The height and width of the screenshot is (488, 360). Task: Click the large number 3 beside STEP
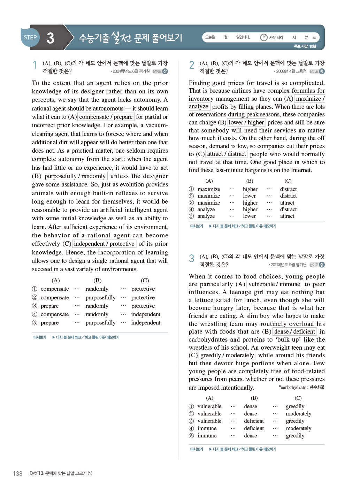50,38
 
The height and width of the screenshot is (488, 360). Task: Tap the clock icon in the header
264,37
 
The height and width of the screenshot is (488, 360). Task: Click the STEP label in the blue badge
30,37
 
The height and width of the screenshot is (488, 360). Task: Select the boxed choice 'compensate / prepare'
106,117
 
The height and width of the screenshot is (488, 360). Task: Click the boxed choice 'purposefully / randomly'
75,176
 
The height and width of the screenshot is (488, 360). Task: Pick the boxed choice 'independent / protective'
104,244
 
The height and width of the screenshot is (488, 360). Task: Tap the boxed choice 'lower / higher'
246,122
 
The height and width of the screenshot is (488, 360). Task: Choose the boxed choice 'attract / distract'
227,154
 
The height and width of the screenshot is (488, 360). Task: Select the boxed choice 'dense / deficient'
294,331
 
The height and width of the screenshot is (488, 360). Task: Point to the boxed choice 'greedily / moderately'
227,355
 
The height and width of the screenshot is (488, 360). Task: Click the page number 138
17,473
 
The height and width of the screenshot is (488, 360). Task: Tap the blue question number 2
192,65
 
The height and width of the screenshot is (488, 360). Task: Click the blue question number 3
192,258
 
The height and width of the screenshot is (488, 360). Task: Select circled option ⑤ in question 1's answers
35,323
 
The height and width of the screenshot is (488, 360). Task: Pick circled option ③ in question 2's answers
191,203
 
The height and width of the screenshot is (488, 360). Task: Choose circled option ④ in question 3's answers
191,428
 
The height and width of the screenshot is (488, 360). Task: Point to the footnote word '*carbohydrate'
293,387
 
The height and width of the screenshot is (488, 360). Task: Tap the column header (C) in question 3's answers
298,398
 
